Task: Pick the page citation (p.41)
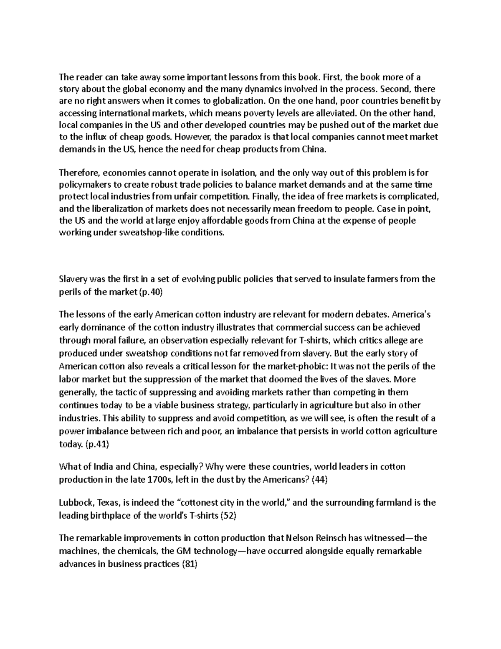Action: tap(97, 444)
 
